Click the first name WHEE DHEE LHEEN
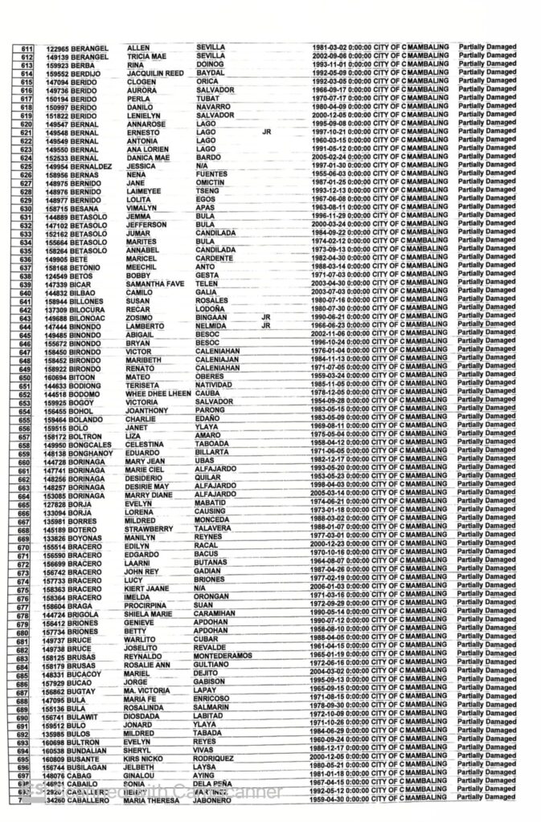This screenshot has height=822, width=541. point(159,393)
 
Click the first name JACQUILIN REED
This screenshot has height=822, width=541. point(158,74)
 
